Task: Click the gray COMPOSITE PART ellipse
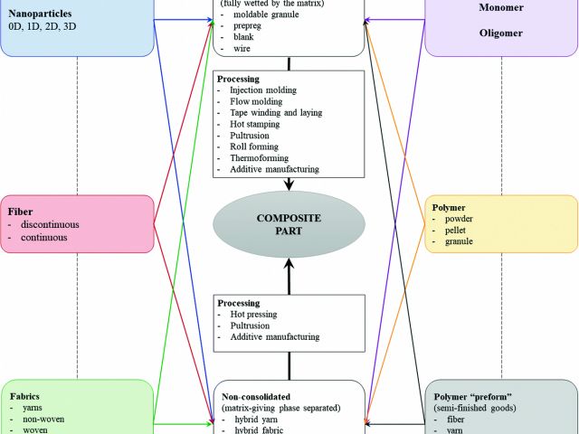[289, 222]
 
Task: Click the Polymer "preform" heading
[476, 395]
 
